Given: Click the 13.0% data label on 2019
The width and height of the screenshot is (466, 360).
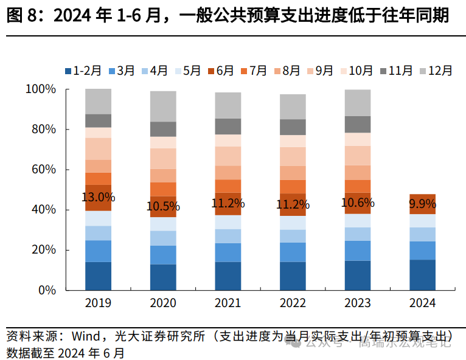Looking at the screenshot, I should coord(98,197).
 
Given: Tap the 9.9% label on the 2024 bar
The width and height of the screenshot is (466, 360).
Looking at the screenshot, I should coord(422,203).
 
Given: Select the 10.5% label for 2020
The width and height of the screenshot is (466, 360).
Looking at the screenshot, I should coord(163,206).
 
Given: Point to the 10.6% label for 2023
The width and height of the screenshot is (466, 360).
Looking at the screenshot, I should coord(358,202).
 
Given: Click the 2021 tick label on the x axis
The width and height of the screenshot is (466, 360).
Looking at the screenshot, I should coord(228,303).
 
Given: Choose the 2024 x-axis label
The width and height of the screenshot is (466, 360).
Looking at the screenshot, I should coord(422,303).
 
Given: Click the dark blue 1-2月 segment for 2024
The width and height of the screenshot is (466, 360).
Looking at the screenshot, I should coord(422,275).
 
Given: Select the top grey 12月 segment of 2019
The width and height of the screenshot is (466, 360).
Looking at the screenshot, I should coord(98,101).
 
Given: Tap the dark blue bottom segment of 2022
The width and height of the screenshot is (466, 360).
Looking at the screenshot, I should coord(293,276).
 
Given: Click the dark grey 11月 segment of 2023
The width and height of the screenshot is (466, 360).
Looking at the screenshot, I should coord(358,124).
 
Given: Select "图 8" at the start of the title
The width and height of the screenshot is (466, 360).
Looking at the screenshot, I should coord(21,16).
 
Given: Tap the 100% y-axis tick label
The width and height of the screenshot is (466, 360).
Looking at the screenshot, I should coord(40,89).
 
